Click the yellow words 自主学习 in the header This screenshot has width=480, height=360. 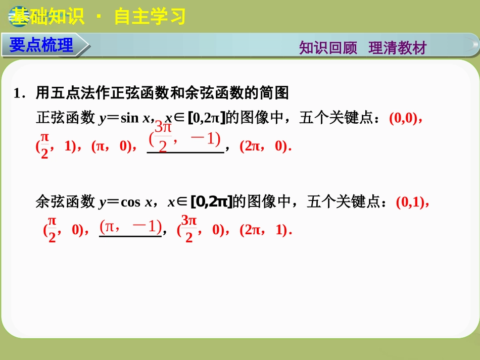[150, 17]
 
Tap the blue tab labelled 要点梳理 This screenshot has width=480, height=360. [41, 45]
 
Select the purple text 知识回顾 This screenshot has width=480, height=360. [328, 48]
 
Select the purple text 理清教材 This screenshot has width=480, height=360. [398, 48]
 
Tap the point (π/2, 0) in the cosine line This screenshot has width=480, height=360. [63, 230]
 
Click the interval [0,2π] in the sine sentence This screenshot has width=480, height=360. [206, 119]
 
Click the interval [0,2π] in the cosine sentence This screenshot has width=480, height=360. [211, 202]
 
